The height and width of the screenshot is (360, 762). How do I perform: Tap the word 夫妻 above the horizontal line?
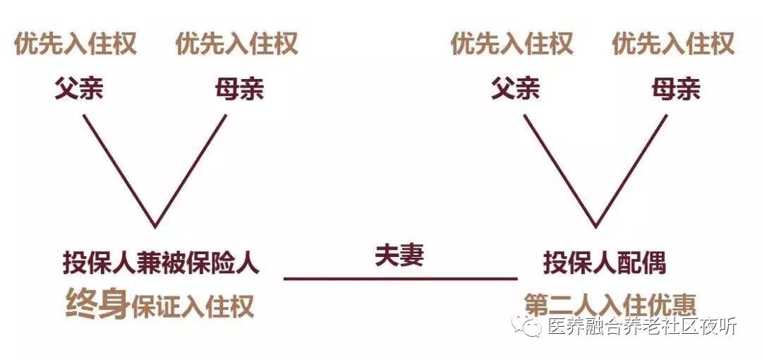point(399,256)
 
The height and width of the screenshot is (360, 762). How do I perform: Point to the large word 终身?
point(97,304)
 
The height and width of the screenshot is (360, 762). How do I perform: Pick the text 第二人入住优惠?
point(610,305)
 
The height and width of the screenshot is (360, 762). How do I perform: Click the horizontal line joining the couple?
point(400,279)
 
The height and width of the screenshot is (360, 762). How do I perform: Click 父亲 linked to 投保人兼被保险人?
point(79,89)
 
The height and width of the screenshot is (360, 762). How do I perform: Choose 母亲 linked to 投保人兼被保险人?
point(239,89)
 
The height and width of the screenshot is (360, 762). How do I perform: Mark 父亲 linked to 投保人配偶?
point(515,89)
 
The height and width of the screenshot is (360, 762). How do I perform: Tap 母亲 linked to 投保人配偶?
point(675,89)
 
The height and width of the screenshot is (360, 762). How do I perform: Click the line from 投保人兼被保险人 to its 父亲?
point(119,170)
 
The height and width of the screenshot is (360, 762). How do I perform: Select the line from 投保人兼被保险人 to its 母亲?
point(191,170)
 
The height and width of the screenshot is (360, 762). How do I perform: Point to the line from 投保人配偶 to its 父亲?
point(560,170)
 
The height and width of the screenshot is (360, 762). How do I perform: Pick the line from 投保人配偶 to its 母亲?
point(631,170)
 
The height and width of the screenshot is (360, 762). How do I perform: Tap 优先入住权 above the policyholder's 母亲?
point(236,44)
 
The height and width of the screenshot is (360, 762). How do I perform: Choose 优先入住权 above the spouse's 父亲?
point(512,44)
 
